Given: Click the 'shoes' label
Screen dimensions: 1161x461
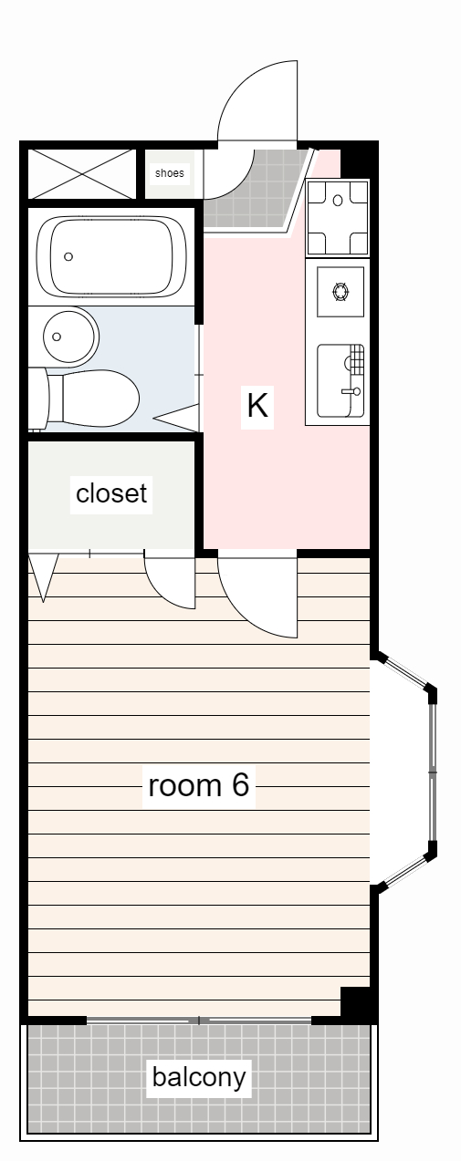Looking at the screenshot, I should click(x=169, y=172).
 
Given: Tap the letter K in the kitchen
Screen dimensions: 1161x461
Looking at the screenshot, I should click(x=257, y=404).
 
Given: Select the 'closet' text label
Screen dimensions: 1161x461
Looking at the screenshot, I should click(x=111, y=493).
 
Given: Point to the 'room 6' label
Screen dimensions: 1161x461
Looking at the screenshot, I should click(x=198, y=784).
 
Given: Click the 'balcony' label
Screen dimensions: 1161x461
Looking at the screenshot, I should click(x=199, y=1077).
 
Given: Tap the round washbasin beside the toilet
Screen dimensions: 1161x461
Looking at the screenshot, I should click(x=70, y=336).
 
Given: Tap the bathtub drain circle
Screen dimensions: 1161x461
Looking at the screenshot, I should click(x=68, y=256).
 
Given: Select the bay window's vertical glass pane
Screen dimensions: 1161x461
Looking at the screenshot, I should click(x=434, y=771).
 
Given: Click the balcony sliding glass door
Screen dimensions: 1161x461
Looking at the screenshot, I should click(x=199, y=1019).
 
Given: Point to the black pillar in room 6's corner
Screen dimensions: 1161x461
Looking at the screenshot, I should click(x=357, y=1002).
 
